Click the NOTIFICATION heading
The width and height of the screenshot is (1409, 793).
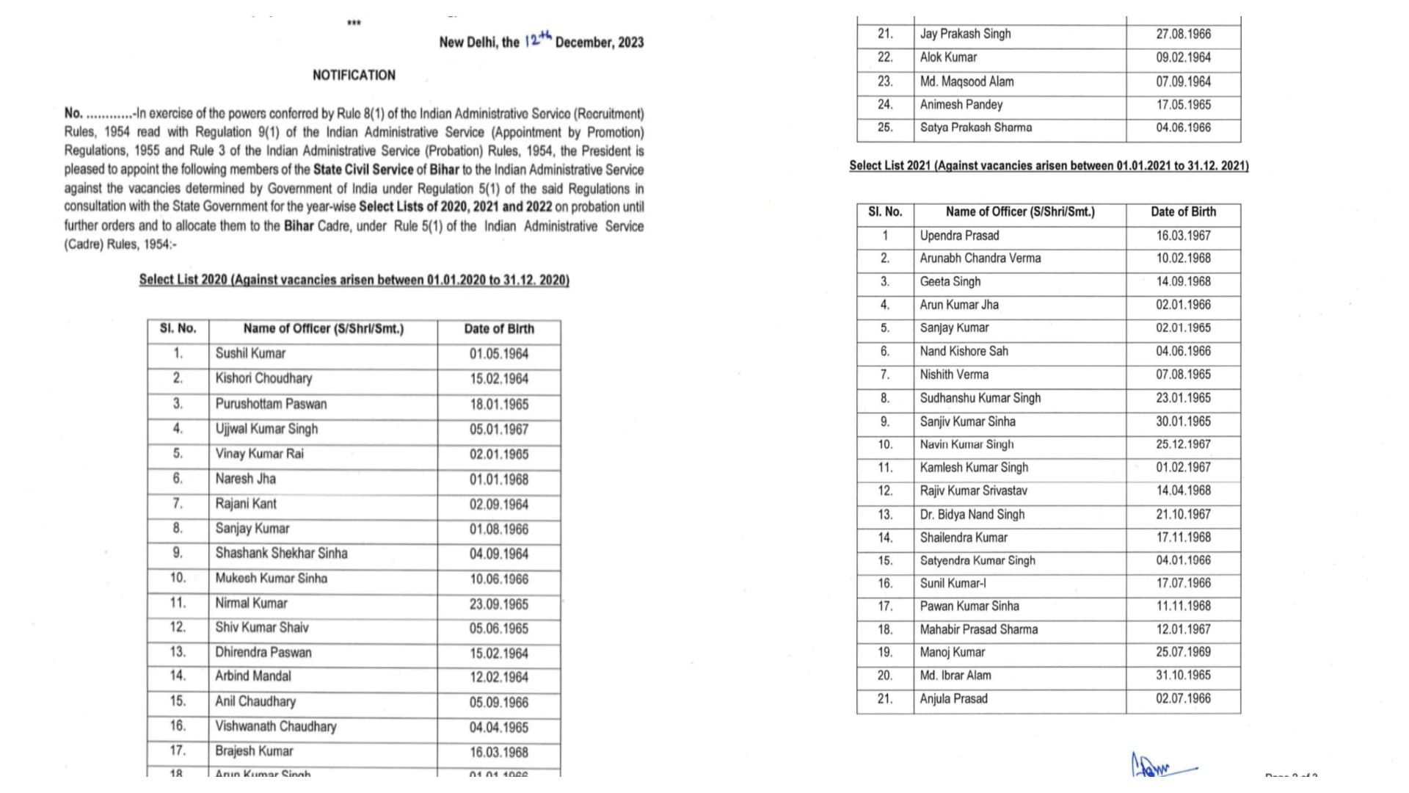pos(354,75)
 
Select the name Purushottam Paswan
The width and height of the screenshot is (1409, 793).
pos(271,404)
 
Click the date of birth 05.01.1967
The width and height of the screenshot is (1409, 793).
pos(499,430)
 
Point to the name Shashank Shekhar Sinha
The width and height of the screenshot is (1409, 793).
pos(281,554)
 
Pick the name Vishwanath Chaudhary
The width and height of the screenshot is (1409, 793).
pos(275,727)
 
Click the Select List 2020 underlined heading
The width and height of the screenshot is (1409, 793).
pos(354,280)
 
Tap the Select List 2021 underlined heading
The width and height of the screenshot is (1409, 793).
pos(1049,166)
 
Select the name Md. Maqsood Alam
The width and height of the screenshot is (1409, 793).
pos(966,82)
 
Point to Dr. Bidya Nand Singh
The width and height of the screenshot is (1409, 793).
pos(972,515)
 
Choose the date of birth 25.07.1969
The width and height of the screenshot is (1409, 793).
pos(1183,652)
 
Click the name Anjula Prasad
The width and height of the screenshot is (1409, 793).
pos(953,699)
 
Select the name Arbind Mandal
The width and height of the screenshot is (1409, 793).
pos(252,676)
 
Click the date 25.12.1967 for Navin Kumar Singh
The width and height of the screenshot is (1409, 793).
pos(1183,445)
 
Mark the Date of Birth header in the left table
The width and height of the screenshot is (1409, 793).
pos(499,329)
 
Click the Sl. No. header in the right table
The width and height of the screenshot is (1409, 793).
pos(884,212)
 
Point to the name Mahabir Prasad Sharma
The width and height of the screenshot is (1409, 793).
pos(978,630)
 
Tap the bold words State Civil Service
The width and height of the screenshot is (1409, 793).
pos(363,170)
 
